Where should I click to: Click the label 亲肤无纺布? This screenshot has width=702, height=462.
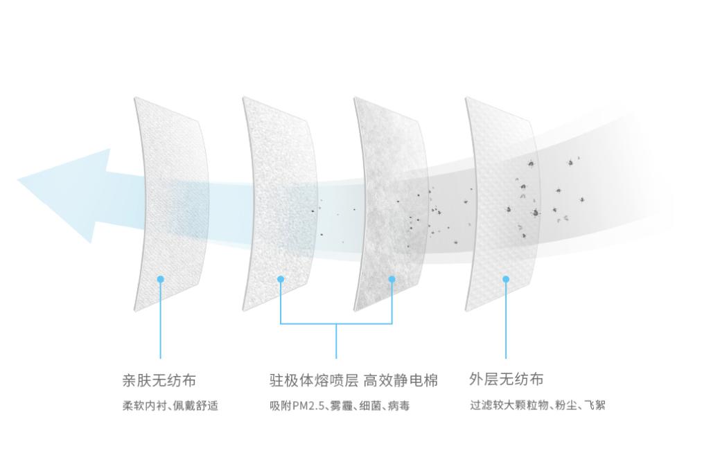pos(159,380)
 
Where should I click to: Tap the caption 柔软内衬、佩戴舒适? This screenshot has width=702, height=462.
pos(170,406)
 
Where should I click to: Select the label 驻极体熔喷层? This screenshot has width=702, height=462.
pos(314,380)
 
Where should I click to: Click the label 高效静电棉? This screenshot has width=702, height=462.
pos(401,380)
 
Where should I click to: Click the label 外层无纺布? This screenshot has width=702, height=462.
pos(507,379)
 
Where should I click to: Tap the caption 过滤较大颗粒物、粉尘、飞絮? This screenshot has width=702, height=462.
pos(537,405)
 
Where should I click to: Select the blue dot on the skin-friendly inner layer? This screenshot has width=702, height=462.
pos(161,279)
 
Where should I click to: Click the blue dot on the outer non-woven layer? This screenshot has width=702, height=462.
pos(506,279)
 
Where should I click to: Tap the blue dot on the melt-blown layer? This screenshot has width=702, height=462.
pos(281,279)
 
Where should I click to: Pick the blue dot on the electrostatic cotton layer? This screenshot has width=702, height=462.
pos(392,279)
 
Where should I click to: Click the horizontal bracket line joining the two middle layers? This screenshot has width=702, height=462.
pos(336,323)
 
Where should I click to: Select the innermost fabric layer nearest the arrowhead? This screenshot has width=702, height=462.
pos(171,204)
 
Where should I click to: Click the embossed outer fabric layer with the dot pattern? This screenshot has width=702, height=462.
pos(502,204)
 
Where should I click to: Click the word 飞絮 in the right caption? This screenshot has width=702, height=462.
pos(595,405)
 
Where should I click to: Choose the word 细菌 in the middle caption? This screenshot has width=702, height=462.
pos(370,406)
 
